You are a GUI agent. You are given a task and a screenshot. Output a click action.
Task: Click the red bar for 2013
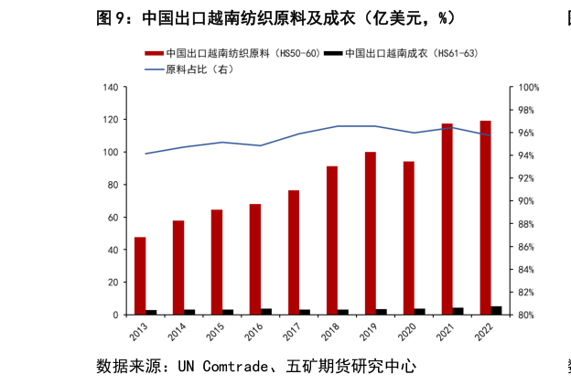point(140,275)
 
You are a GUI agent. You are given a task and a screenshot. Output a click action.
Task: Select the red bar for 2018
point(332,240)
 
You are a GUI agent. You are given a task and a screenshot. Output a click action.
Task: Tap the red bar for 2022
point(485,218)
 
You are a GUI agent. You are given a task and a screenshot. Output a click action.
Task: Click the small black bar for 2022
point(496,310)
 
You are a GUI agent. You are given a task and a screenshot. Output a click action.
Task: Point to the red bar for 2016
point(255,259)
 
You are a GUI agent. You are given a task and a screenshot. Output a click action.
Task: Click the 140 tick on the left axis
point(110,88)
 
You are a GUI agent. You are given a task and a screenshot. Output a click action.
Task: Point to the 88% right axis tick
point(529,224)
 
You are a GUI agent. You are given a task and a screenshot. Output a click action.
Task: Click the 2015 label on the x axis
point(213,331)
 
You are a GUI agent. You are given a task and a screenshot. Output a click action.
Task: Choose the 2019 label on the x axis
point(367,331)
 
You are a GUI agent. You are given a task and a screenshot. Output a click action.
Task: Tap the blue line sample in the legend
point(153,70)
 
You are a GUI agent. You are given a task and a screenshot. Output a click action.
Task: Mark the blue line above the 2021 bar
point(447,128)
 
